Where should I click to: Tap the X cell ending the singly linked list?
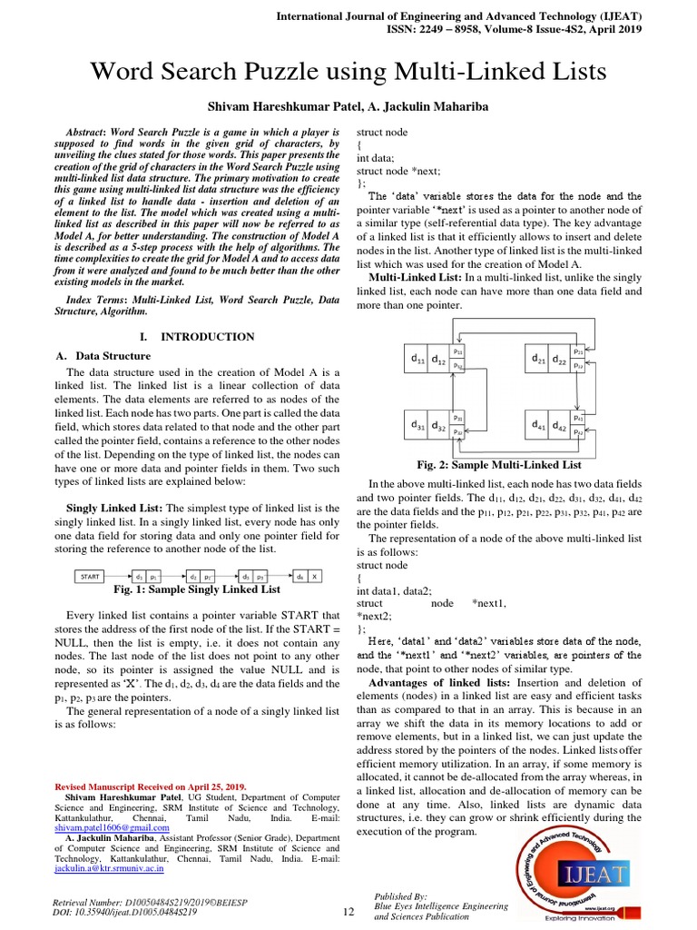pyautogui.click(x=315, y=576)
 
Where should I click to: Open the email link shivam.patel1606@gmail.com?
pyautogui.click(x=113, y=828)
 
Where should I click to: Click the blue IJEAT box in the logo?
pyautogui.click(x=594, y=874)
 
